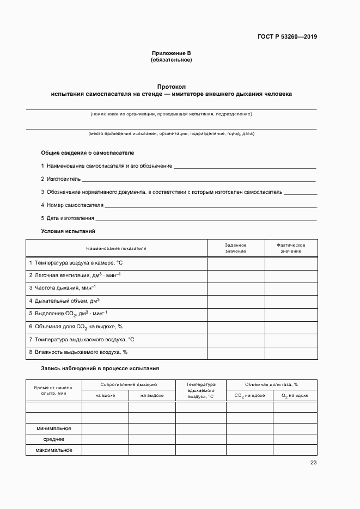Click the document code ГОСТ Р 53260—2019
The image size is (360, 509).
click(287, 37)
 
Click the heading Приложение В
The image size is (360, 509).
click(172, 53)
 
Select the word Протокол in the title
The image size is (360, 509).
click(172, 87)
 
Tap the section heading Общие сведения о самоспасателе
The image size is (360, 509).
click(87, 153)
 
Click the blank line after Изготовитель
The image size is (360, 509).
click(198, 179)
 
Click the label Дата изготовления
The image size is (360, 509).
click(68, 218)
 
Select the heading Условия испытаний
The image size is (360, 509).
click(68, 231)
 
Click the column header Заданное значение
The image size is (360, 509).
click(235, 248)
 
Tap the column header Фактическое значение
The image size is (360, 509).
click(290, 248)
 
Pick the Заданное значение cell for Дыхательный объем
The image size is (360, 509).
click(235, 300)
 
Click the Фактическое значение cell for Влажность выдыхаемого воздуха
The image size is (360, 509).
click(290, 352)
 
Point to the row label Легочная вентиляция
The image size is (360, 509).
click(75, 275)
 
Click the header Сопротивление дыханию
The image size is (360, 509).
click(129, 384)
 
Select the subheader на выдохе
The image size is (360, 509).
click(152, 395)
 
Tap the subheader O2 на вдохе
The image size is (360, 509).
click(295, 396)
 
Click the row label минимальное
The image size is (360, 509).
click(54, 428)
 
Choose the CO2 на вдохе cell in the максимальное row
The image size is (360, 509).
click(249, 450)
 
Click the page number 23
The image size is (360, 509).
click(313, 463)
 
